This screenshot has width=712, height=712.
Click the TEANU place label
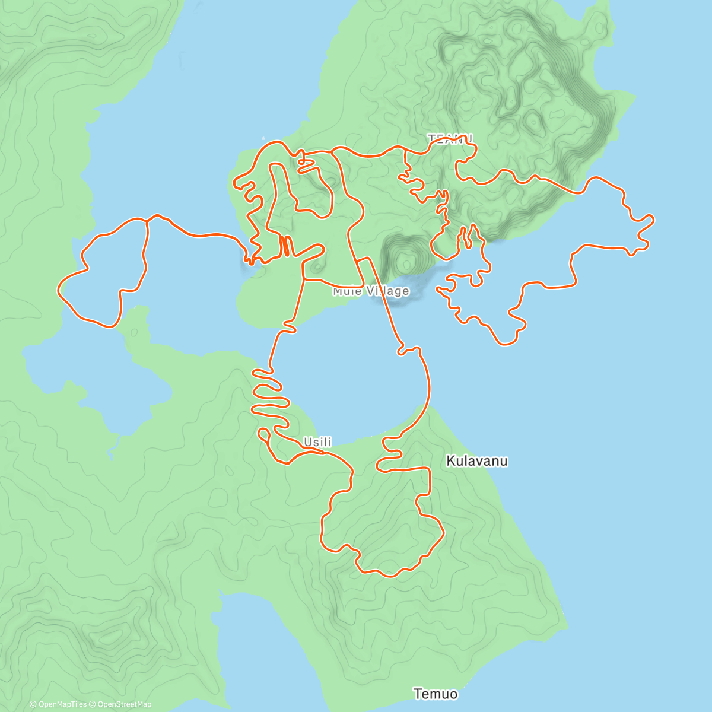pos(450,138)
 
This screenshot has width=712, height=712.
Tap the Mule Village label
pos(371,291)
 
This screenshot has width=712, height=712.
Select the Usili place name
pos(317,442)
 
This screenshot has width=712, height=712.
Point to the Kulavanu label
pos(476,461)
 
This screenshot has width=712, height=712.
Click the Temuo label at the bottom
pos(436,694)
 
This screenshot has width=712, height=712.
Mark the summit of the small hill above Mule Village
pos(406,259)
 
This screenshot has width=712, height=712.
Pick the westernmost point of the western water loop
pos(58,290)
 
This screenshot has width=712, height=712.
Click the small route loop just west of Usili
pos(263,434)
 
